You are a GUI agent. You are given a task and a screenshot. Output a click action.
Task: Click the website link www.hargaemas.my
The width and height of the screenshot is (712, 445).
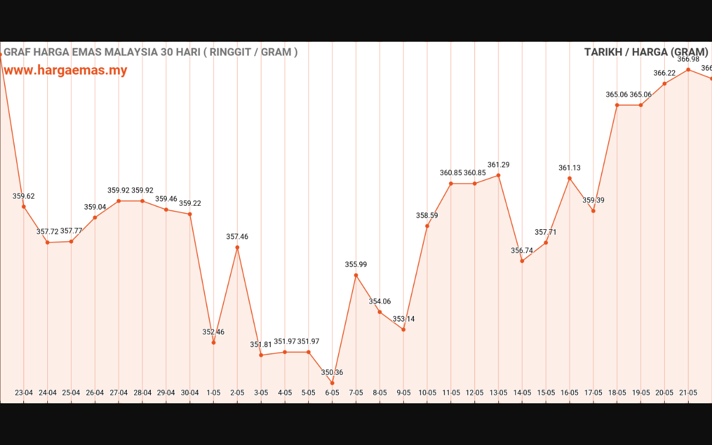click(65, 70)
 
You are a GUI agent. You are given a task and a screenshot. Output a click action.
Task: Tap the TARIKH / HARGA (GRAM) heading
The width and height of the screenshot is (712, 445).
click(646, 52)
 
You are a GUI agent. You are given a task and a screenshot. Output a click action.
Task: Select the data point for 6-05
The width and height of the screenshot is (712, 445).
click(333, 383)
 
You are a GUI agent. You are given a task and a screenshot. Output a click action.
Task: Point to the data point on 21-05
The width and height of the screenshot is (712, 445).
click(688, 70)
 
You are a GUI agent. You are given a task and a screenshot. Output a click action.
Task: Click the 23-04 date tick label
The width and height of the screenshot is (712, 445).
click(24, 392)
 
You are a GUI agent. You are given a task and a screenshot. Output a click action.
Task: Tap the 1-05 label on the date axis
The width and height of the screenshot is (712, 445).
click(214, 392)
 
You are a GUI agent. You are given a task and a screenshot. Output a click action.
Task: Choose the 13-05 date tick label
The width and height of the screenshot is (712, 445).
click(498, 392)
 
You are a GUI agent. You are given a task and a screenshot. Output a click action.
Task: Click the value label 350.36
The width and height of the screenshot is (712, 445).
click(332, 373)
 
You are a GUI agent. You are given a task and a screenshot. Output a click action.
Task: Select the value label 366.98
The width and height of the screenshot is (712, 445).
click(688, 59)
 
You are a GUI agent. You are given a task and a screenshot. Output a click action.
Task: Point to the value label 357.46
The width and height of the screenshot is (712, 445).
click(238, 237)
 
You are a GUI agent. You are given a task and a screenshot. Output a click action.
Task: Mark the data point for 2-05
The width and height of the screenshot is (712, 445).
click(238, 247)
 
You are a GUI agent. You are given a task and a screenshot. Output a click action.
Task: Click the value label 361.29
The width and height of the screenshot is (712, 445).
click(498, 165)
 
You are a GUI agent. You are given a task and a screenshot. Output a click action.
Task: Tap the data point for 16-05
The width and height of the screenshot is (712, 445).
click(570, 178)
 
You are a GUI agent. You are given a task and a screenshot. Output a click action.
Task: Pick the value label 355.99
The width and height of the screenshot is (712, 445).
click(356, 265)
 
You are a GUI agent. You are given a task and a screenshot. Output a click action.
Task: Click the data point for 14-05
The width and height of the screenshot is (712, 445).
click(522, 261)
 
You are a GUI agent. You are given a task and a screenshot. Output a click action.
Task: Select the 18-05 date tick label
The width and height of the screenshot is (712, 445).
click(617, 392)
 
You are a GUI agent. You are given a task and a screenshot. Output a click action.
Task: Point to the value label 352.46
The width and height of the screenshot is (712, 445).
click(214, 332)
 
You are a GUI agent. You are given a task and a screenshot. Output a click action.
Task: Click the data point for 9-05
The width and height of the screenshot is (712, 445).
click(403, 329)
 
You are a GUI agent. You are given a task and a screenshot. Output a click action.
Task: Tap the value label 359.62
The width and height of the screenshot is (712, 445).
click(24, 196)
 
